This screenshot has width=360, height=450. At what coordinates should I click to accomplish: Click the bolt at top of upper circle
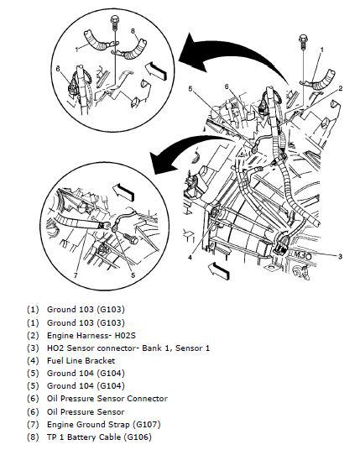pos(114,22)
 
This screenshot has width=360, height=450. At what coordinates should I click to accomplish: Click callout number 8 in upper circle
pos(133,31)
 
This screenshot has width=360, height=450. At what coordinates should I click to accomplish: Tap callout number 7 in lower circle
pos(76,275)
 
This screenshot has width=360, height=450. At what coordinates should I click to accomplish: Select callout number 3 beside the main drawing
pos(340,256)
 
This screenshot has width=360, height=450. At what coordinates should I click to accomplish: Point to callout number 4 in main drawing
pos(190,258)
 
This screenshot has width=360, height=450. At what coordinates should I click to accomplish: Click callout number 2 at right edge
pos(341,88)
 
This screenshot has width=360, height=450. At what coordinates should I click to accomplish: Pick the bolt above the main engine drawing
pos(303,42)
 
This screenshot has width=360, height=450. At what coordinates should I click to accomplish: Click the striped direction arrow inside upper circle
pos(156,71)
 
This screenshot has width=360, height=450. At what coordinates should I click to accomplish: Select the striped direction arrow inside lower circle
pos(123,192)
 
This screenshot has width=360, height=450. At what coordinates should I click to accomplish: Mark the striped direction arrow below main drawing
pos(218,270)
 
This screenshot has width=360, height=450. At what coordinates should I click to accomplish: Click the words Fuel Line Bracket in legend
pos(81,360)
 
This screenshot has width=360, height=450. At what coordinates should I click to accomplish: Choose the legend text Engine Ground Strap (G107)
pos(104,424)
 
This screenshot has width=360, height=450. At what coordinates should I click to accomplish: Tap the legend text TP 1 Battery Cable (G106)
pos(99,437)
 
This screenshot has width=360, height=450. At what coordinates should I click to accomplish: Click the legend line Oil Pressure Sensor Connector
pos(107,399)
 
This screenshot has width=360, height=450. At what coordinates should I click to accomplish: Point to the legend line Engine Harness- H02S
pos(91,335)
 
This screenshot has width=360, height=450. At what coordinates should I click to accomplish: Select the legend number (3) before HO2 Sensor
pos(33,348)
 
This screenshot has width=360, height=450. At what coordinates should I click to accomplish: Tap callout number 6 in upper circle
pos(58,69)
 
